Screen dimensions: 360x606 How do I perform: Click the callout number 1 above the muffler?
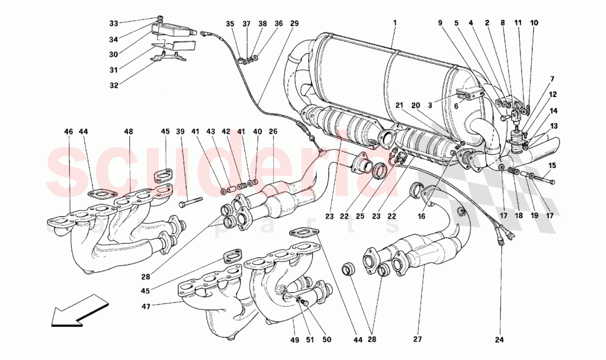(x=394, y=24)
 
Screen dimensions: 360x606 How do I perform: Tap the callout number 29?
(x=294, y=24)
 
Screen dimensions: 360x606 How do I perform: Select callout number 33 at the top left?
(x=113, y=24)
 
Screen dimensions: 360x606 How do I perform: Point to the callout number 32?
(x=113, y=85)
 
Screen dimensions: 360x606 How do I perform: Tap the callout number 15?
(x=552, y=165)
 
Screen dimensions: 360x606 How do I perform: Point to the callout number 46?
(x=68, y=132)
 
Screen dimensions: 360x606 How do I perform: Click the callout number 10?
(x=534, y=24)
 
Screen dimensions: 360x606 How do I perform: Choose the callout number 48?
(x=128, y=132)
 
